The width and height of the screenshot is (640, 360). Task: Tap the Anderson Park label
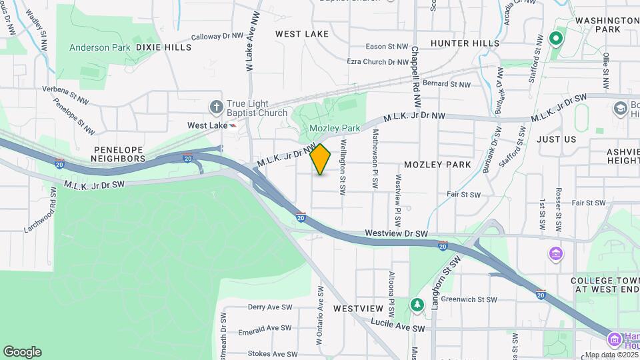click(x=99, y=47)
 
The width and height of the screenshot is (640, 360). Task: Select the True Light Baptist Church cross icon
click(x=216, y=107)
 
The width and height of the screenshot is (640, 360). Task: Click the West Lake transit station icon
click(x=232, y=125)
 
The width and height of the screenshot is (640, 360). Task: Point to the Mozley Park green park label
click(x=334, y=127)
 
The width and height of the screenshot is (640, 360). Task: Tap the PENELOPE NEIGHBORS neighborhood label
click(x=120, y=154)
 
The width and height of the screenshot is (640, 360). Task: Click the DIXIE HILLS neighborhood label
click(x=163, y=47)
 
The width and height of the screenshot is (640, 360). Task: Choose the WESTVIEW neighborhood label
click(x=359, y=309)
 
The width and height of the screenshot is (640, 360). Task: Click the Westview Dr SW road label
click(x=396, y=234)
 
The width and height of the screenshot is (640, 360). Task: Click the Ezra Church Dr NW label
click(x=377, y=61)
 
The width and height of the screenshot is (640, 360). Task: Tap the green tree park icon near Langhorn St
click(x=417, y=305)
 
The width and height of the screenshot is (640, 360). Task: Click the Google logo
click(x=22, y=352)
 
